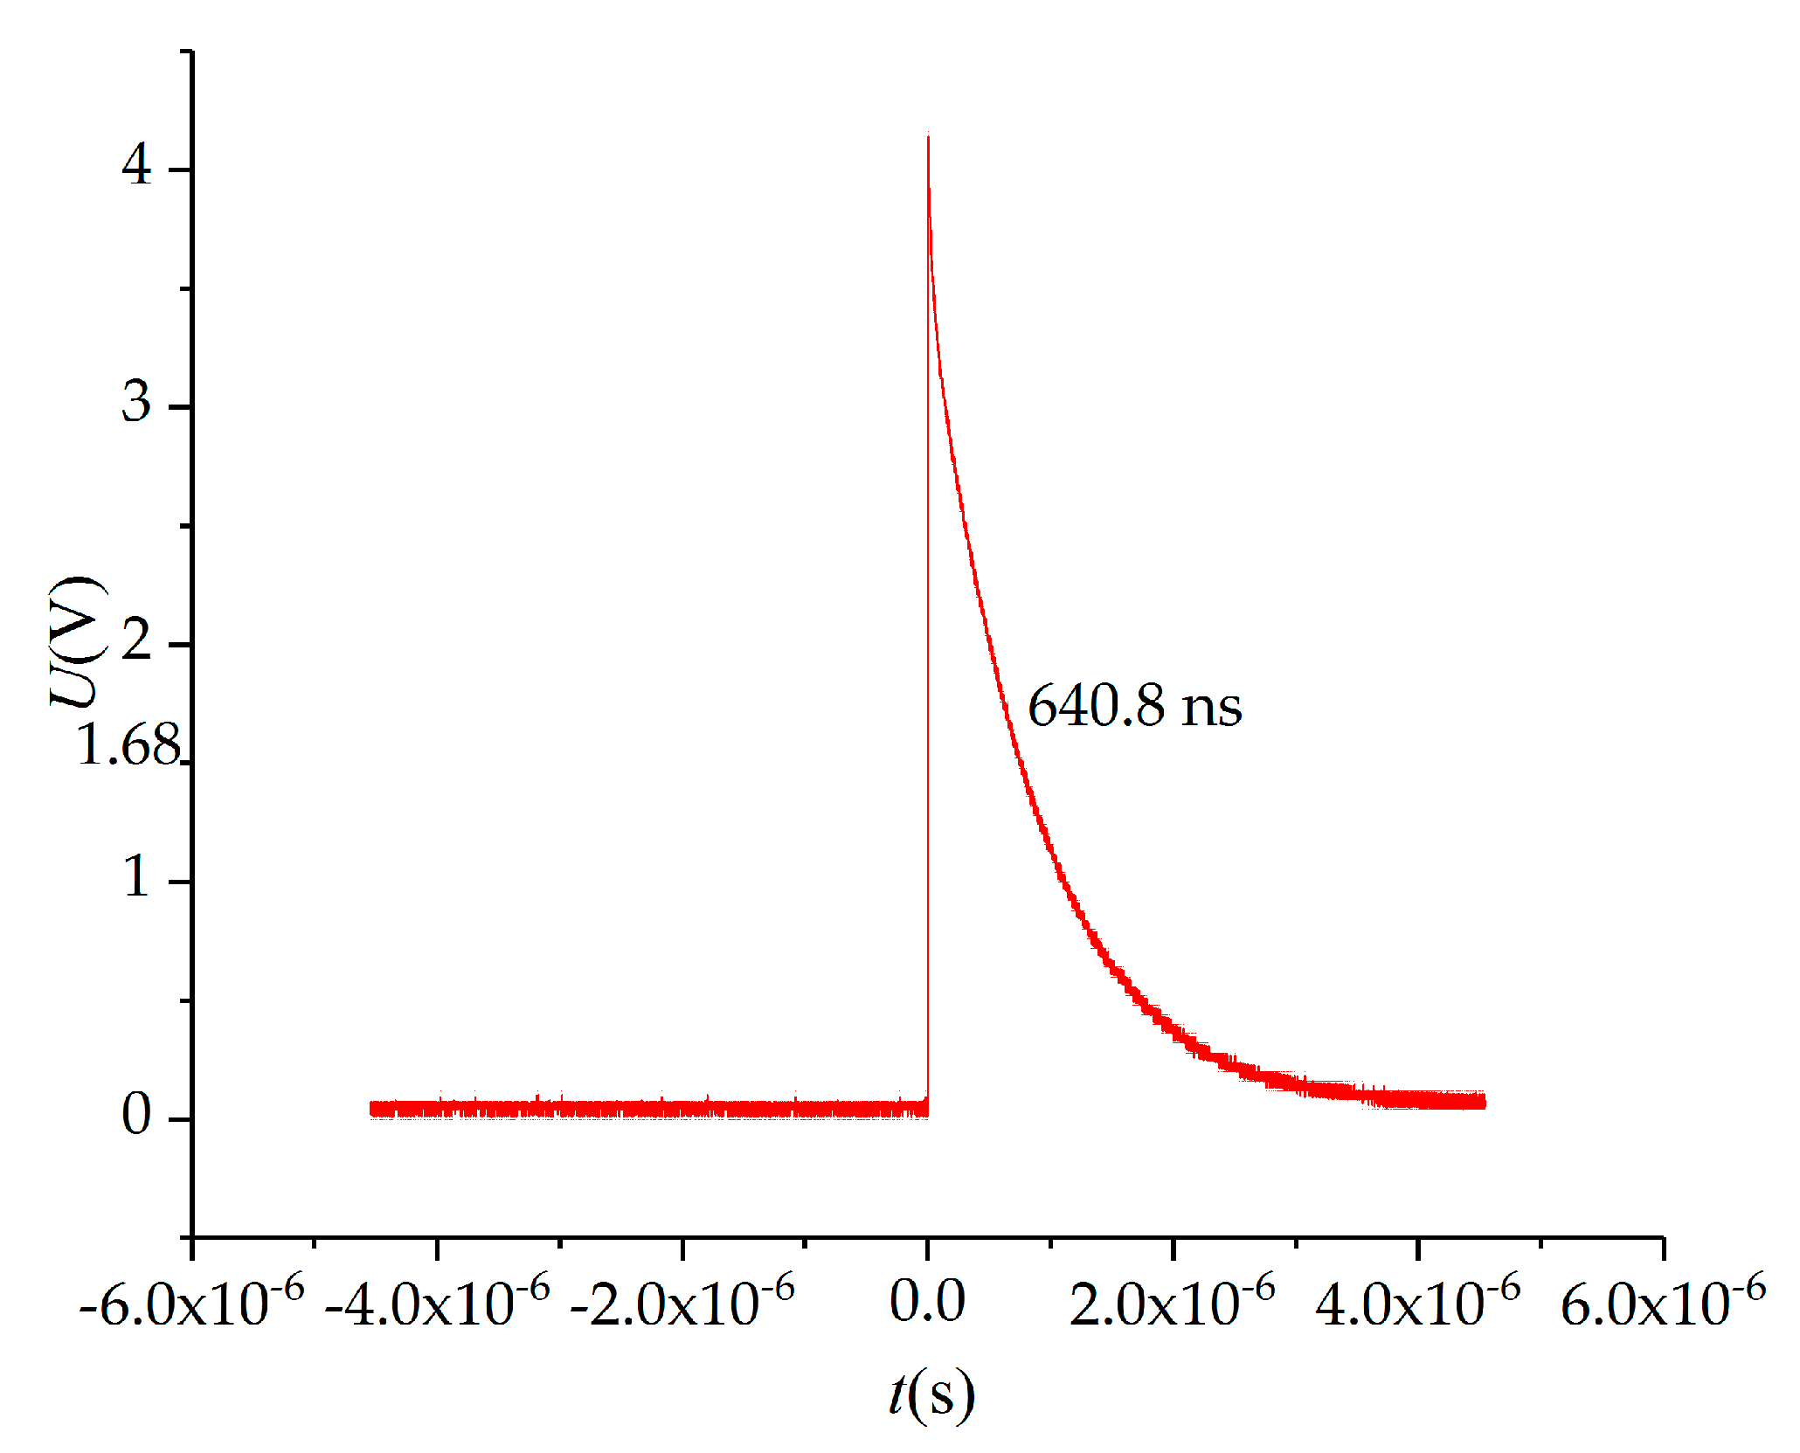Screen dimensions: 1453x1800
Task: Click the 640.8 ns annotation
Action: pos(1133,706)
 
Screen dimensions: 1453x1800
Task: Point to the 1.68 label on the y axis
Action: pos(128,745)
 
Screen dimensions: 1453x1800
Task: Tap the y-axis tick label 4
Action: pos(136,163)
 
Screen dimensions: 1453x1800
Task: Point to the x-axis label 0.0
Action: pos(927,1302)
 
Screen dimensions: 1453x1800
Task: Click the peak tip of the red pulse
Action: pos(928,136)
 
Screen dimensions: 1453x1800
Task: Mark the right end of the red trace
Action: pos(1484,1101)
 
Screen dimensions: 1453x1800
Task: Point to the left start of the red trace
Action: pos(372,1109)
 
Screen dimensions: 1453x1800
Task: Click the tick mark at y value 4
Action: pos(181,170)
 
